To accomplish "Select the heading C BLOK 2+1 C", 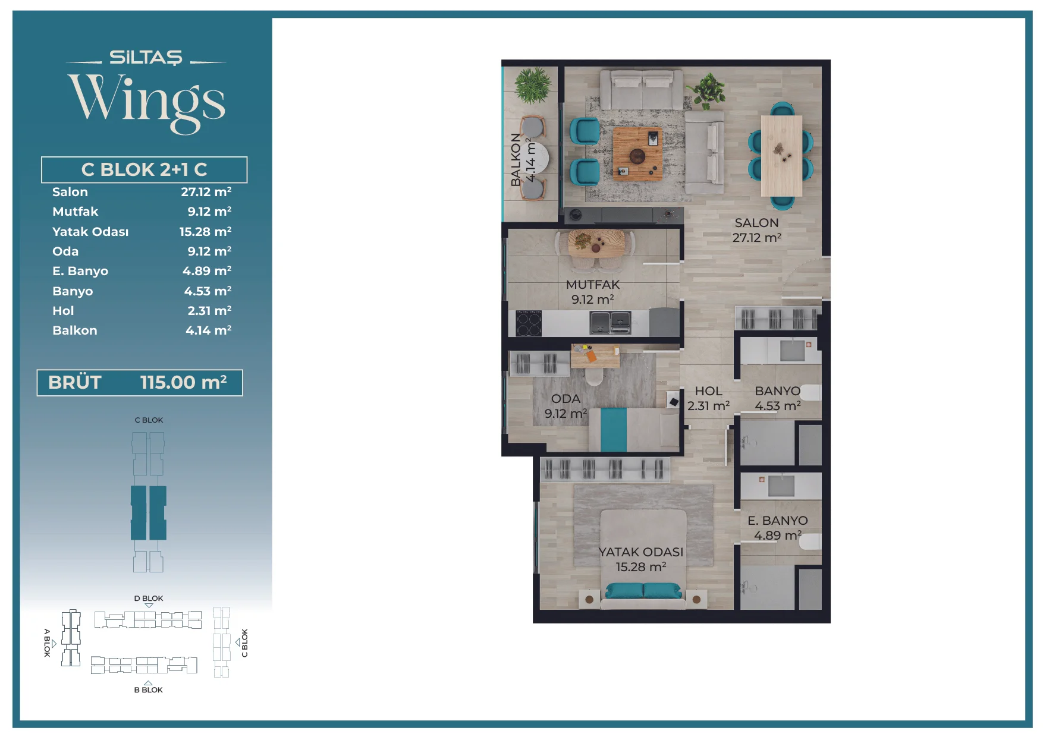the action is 144,169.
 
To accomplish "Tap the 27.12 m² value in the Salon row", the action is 206,192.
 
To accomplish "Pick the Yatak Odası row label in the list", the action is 90,232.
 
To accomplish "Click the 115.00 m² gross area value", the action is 184,382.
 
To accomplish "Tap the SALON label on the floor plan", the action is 756,223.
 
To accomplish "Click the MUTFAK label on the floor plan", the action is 593,285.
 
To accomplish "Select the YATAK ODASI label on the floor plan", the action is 640,552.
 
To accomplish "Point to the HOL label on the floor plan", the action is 708,391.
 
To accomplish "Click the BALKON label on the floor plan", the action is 516,159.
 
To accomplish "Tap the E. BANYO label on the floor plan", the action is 777,521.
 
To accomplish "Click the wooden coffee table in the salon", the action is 637,153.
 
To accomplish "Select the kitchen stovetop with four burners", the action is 529,324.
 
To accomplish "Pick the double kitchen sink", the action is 611,323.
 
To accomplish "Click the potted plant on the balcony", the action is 533,86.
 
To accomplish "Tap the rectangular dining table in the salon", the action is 781,156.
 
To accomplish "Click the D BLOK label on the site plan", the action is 148,599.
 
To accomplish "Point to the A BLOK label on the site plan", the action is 47,642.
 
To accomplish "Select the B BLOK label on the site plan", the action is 148,690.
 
